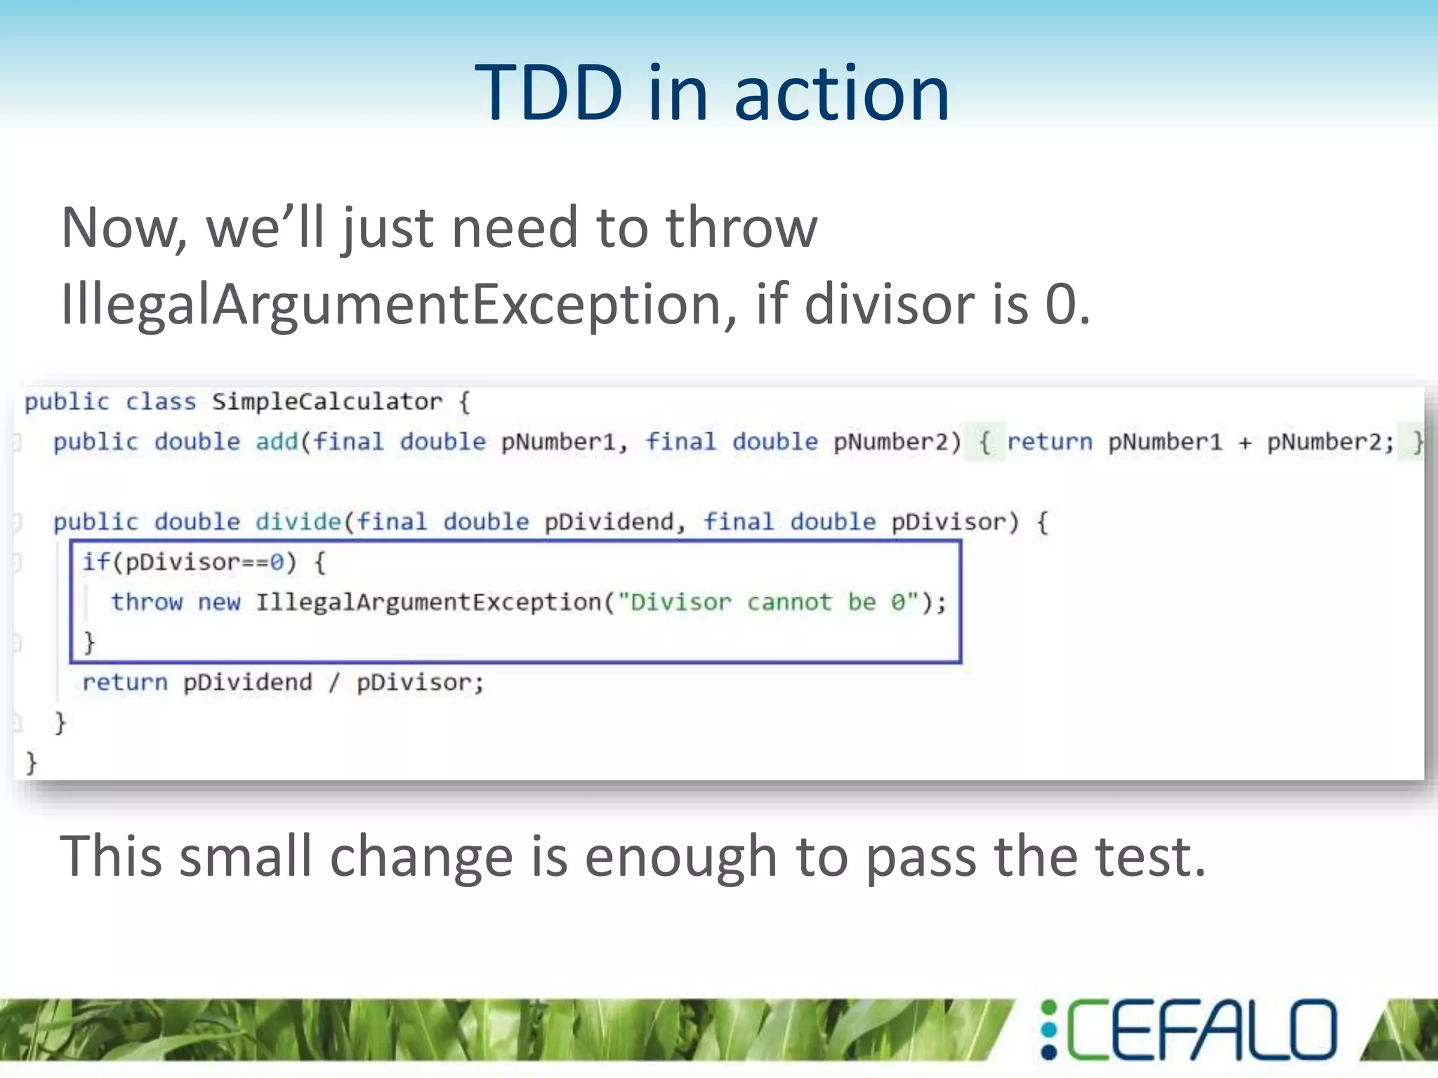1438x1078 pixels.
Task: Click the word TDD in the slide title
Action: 548,93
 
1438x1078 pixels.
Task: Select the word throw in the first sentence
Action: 741,227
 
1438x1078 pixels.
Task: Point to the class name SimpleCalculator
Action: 326,402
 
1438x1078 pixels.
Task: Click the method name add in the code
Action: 277,442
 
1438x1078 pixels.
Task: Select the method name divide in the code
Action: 298,522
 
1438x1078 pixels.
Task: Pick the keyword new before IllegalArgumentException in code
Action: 218,602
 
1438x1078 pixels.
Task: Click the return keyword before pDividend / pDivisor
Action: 125,682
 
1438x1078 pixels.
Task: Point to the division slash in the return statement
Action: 334,682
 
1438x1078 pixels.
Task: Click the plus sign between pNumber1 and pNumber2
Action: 1244,443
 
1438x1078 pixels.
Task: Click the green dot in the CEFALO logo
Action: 1049,1009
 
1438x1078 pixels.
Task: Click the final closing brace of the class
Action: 31,762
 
